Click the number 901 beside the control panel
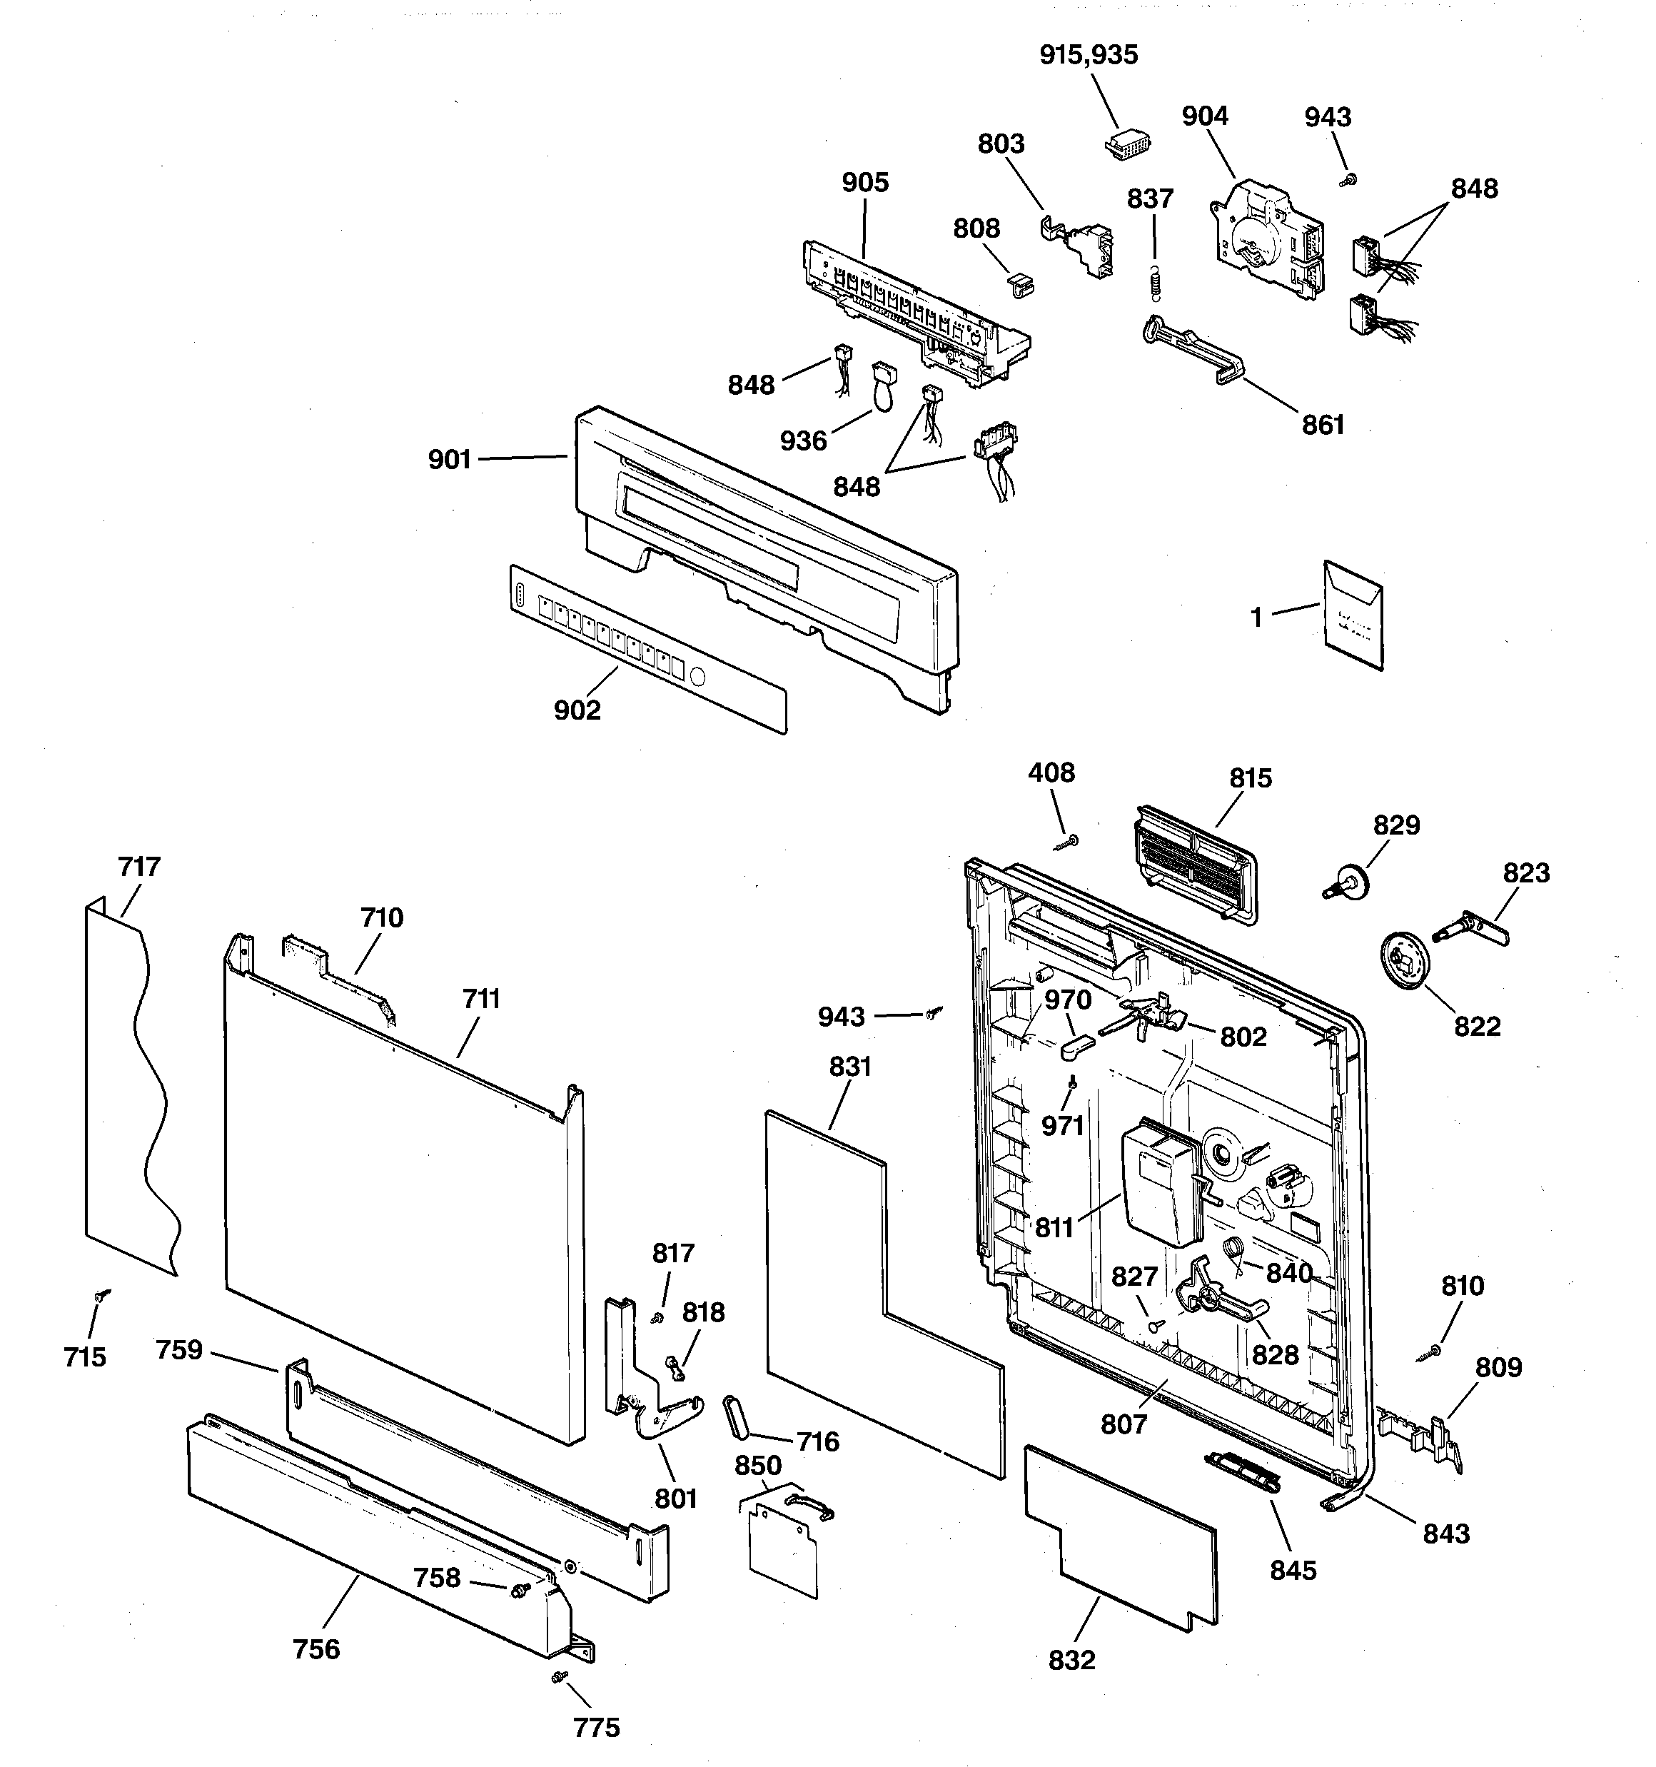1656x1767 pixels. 449,460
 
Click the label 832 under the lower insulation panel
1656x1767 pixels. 1071,1659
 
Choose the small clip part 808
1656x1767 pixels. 1022,283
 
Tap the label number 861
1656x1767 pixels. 1323,425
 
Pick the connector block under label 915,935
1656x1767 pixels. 1126,145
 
